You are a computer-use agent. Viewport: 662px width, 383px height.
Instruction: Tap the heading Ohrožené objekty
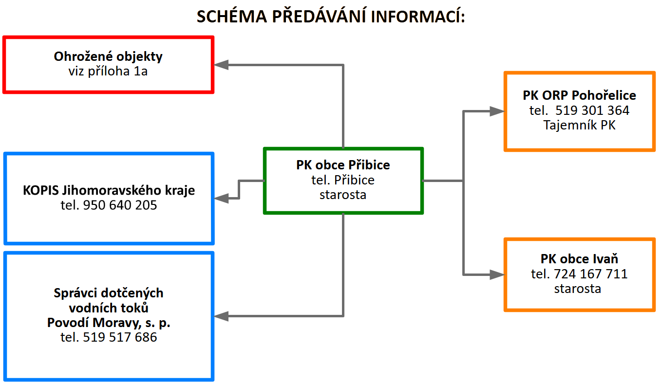[x=108, y=56]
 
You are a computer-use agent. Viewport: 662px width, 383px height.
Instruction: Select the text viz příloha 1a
[x=108, y=71]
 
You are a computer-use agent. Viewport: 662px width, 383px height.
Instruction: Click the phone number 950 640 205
[x=120, y=205]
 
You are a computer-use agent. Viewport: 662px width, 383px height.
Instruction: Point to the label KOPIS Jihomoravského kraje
[x=109, y=190]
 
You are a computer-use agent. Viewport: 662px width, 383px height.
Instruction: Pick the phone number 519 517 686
[x=120, y=337]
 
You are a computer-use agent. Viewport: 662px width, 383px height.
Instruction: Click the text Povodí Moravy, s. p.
[x=109, y=323]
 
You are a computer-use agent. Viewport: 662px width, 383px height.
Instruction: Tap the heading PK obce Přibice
[x=343, y=165]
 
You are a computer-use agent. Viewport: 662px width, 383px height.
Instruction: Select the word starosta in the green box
[x=343, y=195]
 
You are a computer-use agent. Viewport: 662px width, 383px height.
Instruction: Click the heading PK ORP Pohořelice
[x=579, y=95]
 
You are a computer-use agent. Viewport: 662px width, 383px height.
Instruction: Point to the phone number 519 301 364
[x=592, y=110]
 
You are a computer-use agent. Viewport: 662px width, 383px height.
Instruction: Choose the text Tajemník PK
[x=579, y=125]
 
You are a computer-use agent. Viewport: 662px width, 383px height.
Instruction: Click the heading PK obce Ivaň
[x=579, y=259]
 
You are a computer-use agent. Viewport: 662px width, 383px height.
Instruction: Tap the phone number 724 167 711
[x=590, y=274]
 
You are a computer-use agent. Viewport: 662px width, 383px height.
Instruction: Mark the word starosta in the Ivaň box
[x=577, y=289]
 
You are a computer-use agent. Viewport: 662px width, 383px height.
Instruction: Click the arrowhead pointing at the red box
[x=221, y=65]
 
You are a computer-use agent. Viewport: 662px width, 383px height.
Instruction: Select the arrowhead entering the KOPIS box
[x=221, y=198]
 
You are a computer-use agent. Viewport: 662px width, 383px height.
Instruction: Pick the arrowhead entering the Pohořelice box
[x=497, y=111]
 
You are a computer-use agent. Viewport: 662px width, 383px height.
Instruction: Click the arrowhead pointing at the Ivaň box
[x=497, y=274]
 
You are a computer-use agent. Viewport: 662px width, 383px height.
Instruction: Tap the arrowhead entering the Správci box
[x=221, y=316]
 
